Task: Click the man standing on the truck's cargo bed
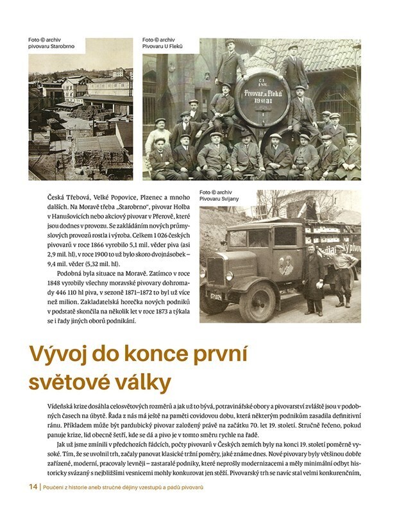point(312,208)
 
